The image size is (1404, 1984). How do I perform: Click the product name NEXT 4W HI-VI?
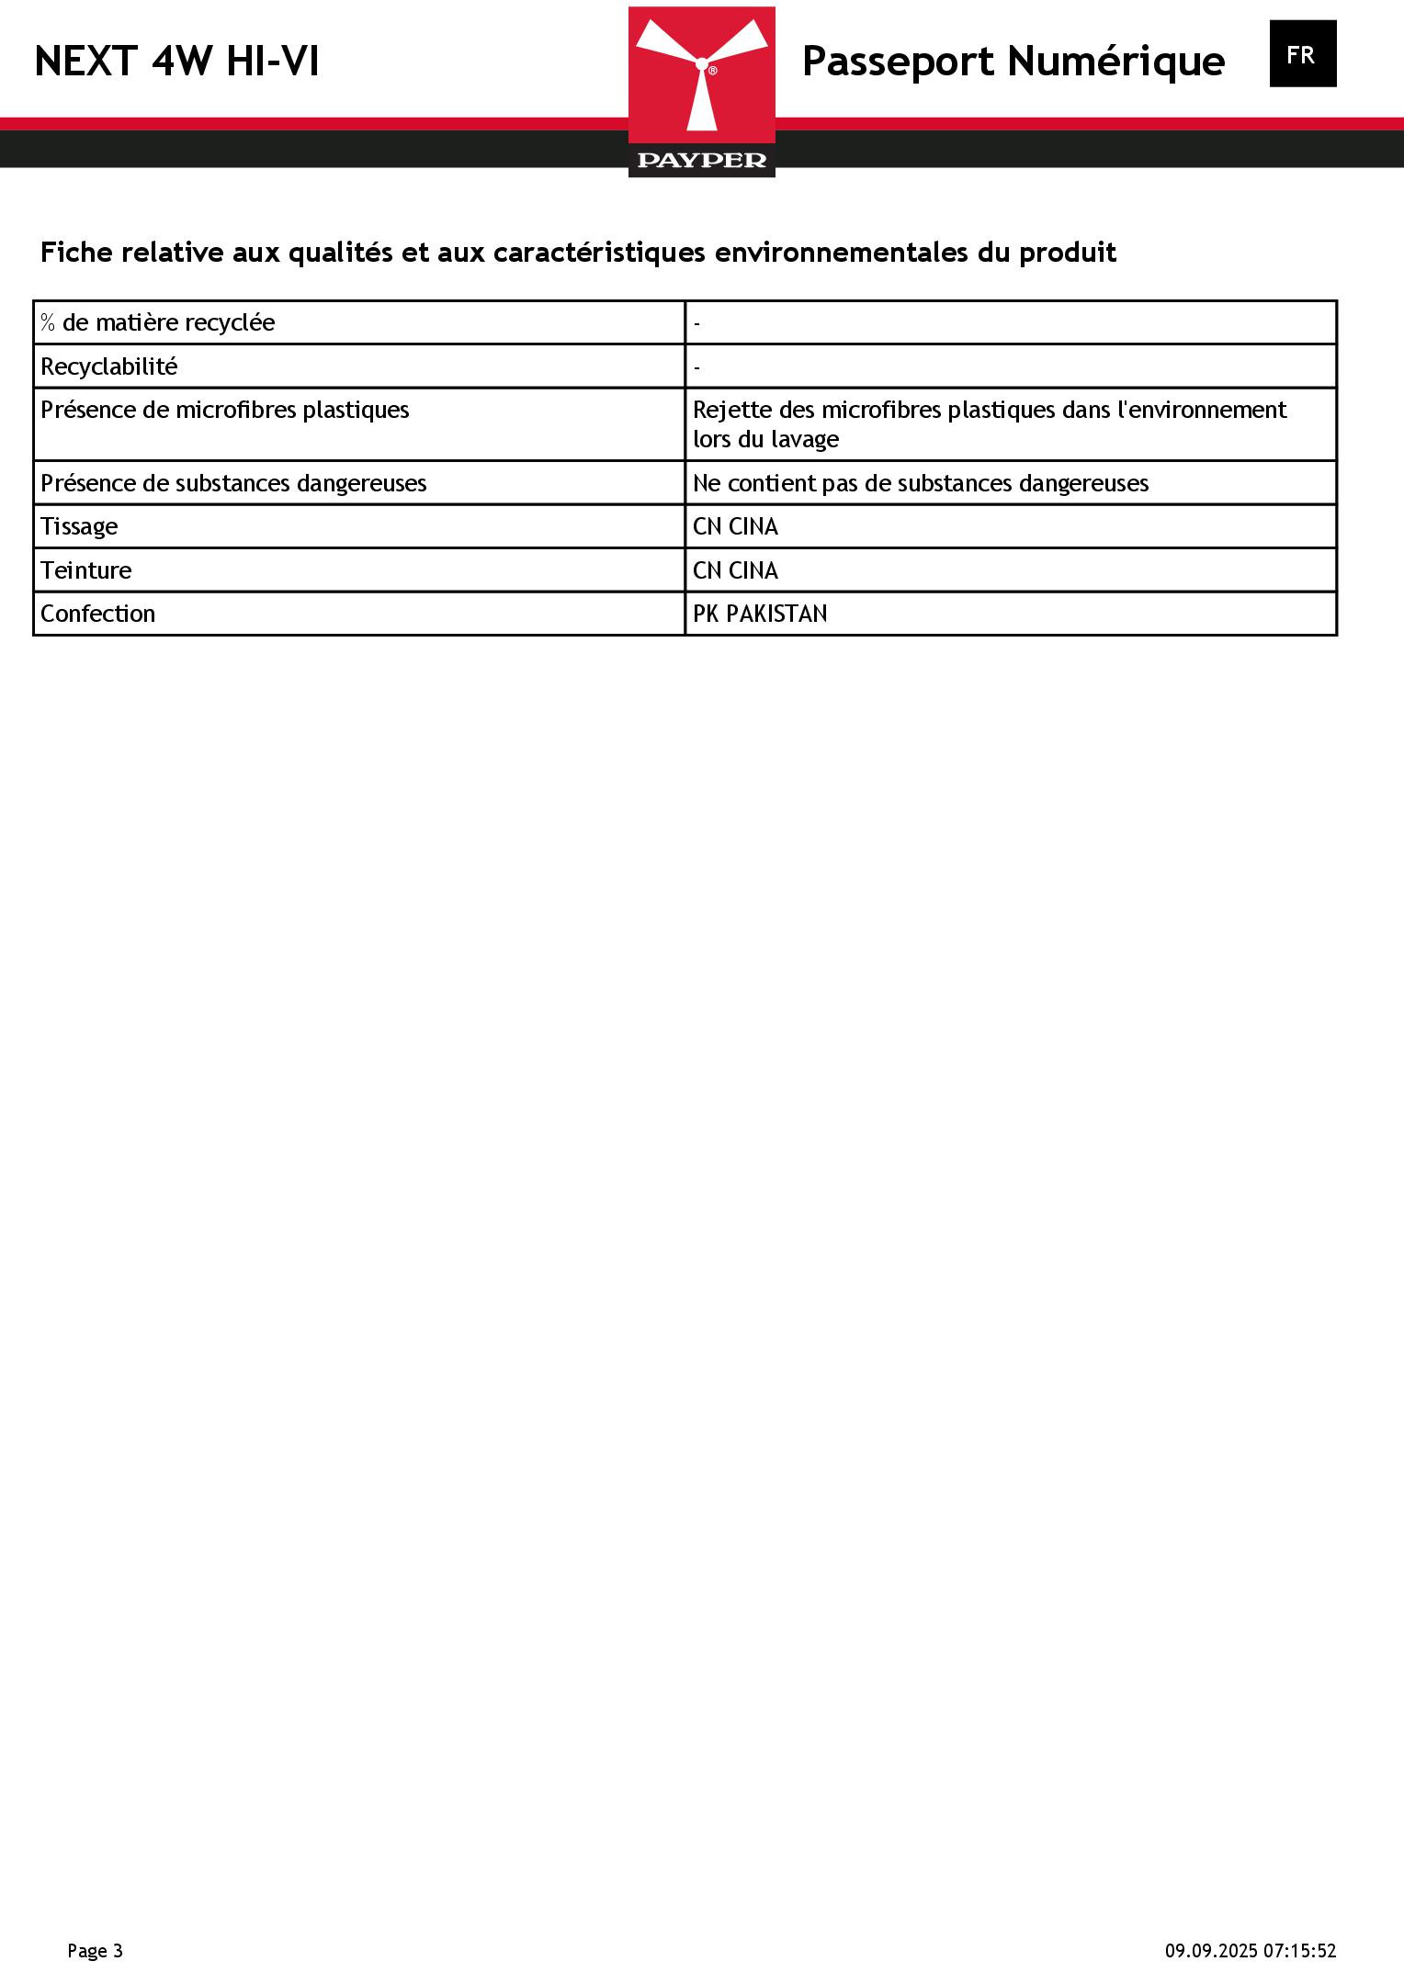176,62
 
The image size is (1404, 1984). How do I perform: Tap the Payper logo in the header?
702,92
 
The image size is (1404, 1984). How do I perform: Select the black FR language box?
1302,54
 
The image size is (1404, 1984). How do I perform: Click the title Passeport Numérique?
1013,62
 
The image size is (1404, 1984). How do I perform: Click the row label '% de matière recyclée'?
158,322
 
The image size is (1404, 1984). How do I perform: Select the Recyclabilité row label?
109,366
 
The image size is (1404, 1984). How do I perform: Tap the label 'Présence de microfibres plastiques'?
225,410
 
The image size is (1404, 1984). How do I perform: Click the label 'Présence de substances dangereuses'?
233,483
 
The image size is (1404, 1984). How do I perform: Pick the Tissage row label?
79,526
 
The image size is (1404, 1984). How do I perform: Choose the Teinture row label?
86,570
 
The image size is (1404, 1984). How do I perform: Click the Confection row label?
97,614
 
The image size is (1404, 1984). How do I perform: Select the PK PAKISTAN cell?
760,614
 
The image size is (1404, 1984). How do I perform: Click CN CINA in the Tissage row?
735,526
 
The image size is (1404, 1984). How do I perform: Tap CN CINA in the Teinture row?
735,570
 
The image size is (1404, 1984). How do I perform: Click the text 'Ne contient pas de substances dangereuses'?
920,483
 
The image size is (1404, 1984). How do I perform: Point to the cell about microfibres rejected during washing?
989,423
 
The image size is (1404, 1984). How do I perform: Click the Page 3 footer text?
95,1951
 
